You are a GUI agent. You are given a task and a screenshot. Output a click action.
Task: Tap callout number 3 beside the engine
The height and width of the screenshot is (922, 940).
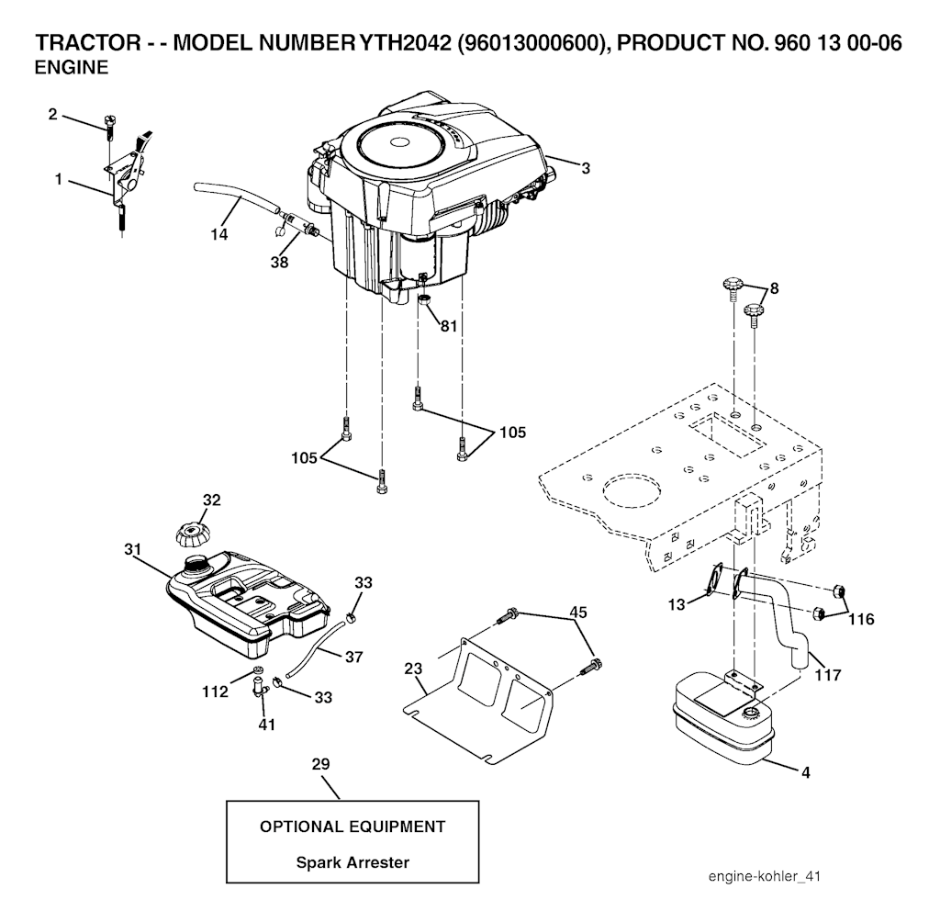586,169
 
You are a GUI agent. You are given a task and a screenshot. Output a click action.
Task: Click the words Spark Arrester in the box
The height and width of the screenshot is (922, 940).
352,862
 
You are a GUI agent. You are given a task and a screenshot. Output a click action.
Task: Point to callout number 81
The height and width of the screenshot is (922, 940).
448,326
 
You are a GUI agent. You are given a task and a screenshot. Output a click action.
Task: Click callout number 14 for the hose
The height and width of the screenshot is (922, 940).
218,234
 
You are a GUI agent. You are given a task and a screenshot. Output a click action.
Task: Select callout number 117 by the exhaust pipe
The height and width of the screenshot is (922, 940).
827,676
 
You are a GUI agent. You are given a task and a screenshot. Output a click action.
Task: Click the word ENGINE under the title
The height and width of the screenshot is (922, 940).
72,68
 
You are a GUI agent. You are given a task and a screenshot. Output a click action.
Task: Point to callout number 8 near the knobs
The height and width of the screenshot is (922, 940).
774,288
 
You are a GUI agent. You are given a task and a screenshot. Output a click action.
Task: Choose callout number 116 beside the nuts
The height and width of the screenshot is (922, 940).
861,619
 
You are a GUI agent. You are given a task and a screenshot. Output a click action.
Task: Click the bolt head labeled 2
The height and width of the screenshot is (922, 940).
109,121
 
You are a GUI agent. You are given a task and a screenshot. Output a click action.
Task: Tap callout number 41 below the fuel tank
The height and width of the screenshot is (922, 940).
266,725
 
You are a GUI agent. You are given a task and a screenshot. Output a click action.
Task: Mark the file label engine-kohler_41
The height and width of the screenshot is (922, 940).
765,876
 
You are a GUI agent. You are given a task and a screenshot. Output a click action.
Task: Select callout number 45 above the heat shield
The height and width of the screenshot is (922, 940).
578,613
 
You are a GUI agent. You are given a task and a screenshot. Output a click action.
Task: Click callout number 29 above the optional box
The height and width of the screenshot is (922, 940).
320,764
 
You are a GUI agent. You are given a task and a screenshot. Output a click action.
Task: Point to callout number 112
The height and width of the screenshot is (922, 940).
215,692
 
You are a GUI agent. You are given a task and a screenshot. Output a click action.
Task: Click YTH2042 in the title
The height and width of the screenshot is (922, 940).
405,43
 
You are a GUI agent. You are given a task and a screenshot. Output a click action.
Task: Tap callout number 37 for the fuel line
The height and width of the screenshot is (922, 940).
353,658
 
